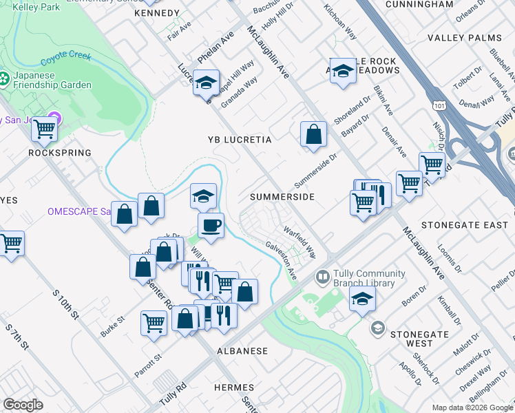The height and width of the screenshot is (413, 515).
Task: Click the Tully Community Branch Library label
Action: point(364,278)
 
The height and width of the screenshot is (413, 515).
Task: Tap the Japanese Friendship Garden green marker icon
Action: point(5,80)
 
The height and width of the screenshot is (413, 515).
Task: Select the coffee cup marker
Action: point(211,224)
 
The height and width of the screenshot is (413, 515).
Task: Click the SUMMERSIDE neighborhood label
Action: point(282,197)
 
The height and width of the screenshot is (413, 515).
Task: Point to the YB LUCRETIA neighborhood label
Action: point(240,140)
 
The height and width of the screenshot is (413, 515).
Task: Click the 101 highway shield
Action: point(439,105)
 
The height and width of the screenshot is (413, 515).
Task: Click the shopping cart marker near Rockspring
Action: point(45,128)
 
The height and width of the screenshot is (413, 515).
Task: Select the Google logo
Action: point(23,405)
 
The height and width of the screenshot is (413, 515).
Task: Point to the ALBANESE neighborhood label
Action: point(242,351)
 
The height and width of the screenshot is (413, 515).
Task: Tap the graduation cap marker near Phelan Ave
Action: point(205,83)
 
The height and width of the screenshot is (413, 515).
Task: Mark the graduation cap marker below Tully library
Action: point(362,299)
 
